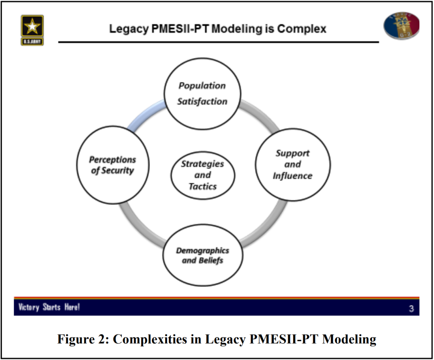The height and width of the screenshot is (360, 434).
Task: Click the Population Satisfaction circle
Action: coord(202,94)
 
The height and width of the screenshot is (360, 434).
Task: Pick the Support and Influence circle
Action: coord(293,165)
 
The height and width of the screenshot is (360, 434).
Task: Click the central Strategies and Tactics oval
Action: coord(203,175)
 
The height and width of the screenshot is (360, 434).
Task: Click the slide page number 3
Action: coord(411,309)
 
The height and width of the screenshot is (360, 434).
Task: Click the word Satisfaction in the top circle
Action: coord(202,101)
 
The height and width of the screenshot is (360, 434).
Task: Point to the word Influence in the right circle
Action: coord(293,176)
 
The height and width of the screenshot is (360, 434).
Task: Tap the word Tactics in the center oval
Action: coord(203,186)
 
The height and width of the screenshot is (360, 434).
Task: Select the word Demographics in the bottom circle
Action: coord(203,250)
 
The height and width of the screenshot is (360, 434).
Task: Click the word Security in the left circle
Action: coord(117,170)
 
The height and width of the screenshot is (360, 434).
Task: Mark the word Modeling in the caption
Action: coord(349,339)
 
